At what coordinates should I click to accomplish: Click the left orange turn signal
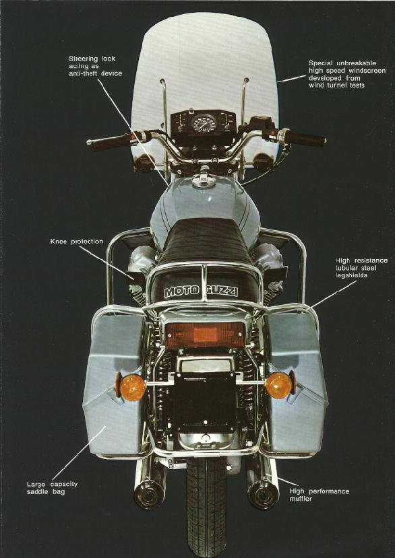click(132, 387)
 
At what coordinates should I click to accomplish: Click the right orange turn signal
click(279, 385)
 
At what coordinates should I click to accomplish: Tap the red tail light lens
click(206, 335)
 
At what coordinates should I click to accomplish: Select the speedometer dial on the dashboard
click(204, 123)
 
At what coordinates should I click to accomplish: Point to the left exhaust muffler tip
click(150, 495)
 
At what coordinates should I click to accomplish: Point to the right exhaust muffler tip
click(263, 495)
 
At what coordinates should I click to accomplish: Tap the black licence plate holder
click(205, 402)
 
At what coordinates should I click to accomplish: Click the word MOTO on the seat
click(181, 292)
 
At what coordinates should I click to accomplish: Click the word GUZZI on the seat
click(222, 291)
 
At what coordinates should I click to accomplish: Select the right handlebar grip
click(307, 139)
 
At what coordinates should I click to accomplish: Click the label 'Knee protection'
click(77, 242)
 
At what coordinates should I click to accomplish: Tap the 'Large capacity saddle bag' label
click(52, 488)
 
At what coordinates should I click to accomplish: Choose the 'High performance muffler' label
click(320, 495)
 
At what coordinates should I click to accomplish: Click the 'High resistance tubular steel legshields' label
click(361, 268)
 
